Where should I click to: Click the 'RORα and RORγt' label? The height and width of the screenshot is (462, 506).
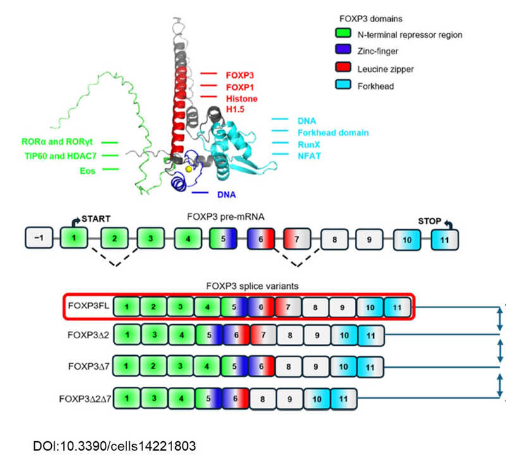pos(60,143)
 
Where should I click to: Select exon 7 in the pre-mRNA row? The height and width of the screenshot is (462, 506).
pos(298,239)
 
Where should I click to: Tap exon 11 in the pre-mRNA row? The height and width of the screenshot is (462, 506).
pos(445,239)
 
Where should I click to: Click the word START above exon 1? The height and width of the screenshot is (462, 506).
pos(96,219)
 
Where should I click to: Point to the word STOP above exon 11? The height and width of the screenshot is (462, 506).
pos(431,221)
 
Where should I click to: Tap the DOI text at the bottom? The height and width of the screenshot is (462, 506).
pos(114,446)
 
